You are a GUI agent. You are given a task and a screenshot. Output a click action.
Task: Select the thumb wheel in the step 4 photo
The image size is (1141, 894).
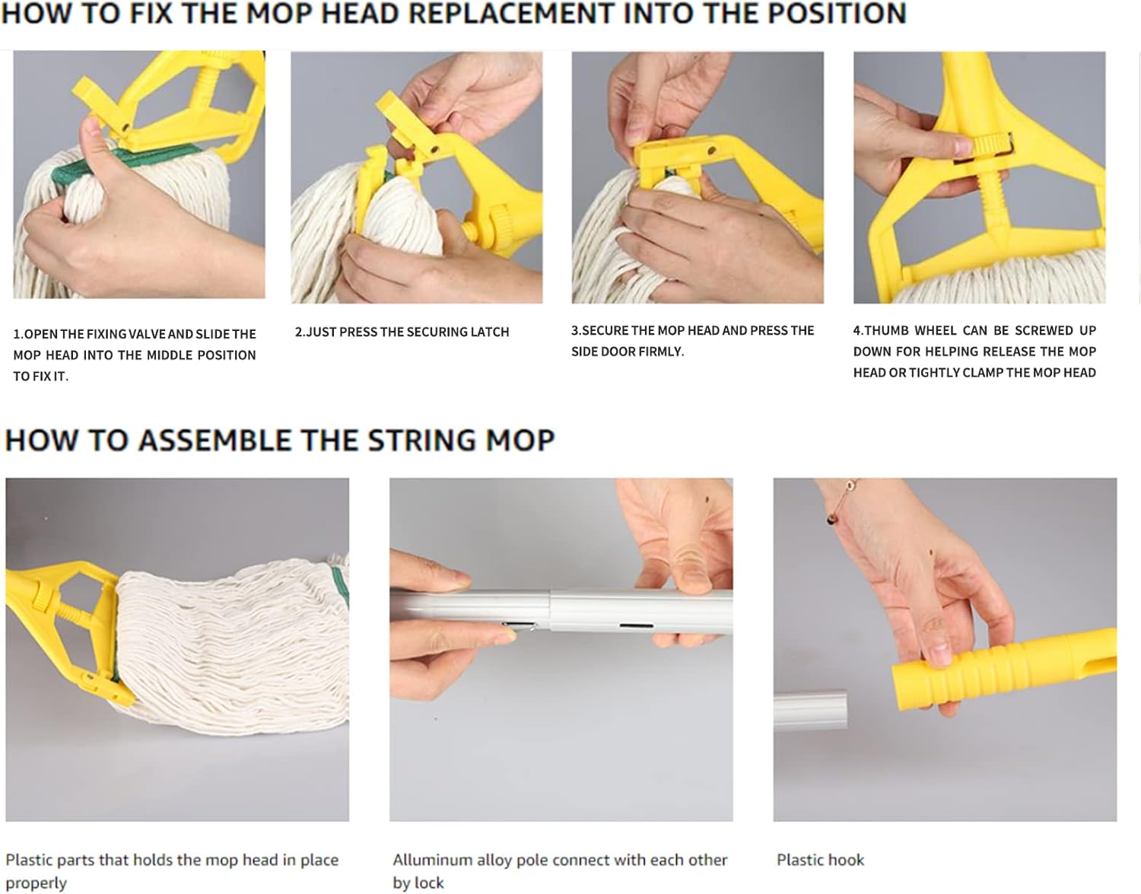[x=989, y=145]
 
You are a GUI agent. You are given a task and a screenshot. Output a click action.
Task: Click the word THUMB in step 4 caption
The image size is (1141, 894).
[x=886, y=330]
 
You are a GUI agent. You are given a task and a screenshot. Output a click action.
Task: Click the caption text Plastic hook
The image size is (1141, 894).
[x=820, y=860]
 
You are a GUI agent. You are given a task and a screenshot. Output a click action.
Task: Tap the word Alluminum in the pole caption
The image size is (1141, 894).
[x=432, y=860]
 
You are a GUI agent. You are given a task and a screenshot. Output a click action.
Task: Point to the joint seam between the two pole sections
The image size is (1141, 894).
[x=550, y=612]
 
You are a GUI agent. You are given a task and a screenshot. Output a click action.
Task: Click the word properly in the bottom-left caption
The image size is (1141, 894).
[x=36, y=883]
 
